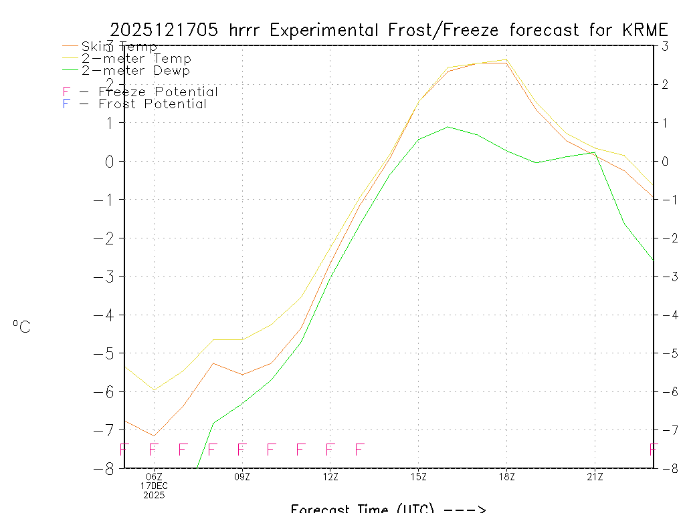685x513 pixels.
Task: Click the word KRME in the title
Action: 646,30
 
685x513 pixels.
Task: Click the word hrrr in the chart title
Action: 249,30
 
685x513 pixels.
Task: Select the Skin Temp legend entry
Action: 119,47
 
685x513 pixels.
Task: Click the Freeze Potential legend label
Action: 158,92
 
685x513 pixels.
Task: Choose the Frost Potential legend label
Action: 153,104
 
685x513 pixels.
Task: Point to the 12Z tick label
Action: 330,477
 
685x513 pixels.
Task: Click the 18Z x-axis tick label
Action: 506,477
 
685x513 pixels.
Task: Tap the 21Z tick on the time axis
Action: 595,477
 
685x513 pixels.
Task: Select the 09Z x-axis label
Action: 242,477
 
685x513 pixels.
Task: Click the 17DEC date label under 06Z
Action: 154,486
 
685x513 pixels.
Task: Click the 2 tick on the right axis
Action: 664,84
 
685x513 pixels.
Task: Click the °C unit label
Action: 21,327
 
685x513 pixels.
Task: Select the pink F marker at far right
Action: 654,449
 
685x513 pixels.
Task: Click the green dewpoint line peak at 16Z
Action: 448,126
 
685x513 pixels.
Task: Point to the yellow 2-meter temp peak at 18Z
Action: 506,59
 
